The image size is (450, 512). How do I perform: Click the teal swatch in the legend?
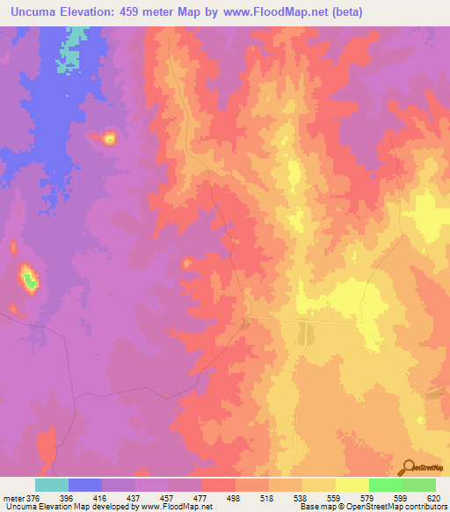(x=52, y=485)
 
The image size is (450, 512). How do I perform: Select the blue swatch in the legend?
(x=85, y=485)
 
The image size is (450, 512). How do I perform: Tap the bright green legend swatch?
(x=386, y=485)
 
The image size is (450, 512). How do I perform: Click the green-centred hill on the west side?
(x=30, y=281)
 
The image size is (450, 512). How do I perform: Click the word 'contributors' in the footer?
(x=425, y=507)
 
